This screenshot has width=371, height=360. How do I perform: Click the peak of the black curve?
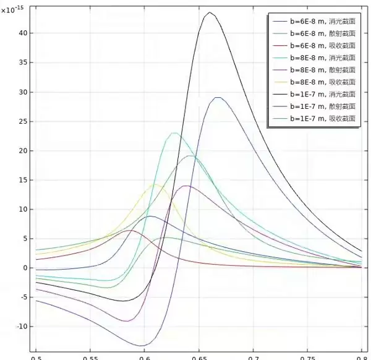tap(210, 12)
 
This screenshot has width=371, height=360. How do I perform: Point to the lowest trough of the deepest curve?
tap(143, 346)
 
